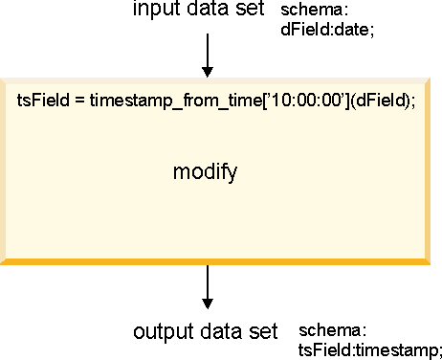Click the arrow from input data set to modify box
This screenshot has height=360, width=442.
[x=208, y=57]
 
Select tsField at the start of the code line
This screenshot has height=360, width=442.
[x=39, y=101]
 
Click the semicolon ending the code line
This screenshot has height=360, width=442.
[x=412, y=101]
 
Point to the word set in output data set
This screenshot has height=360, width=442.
[x=260, y=332]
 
